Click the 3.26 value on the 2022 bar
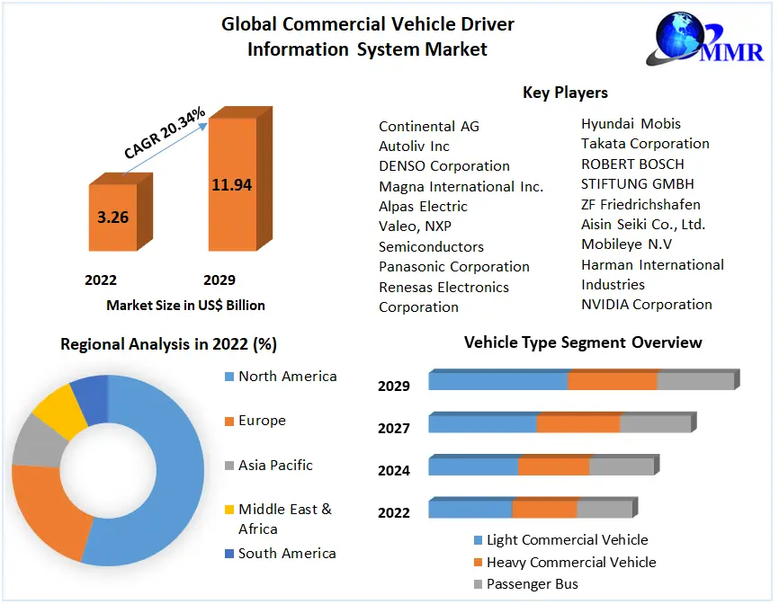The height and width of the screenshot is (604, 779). [112, 217]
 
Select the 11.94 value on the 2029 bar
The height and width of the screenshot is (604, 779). [231, 185]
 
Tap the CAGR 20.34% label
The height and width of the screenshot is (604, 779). [165, 134]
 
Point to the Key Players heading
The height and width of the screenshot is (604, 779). [565, 93]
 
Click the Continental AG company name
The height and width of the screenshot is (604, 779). [429, 126]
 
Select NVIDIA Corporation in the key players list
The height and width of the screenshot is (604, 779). [646, 304]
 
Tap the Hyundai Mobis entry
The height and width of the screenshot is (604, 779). [631, 123]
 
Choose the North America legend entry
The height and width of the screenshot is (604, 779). [287, 376]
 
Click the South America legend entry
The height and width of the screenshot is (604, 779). [287, 553]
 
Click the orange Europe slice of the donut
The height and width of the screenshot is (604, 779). [45, 512]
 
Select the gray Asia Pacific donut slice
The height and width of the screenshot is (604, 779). [32, 441]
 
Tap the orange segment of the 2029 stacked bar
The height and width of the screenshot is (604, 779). [612, 380]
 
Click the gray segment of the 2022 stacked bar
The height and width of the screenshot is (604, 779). [604, 510]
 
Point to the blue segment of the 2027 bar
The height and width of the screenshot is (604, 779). [482, 423]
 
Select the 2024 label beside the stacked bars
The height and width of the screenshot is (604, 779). [394, 470]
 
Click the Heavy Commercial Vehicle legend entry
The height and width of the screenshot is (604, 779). [570, 562]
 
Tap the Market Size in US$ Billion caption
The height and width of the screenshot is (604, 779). [185, 305]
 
